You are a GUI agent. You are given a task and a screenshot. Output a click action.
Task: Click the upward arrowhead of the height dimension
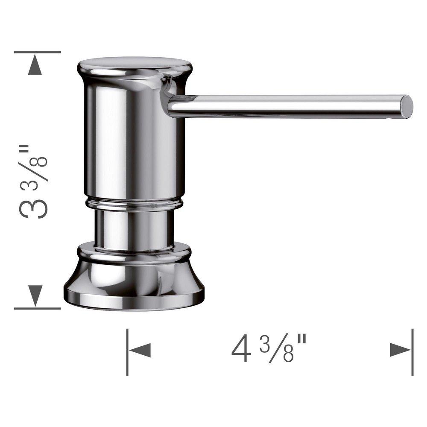[x=35, y=66]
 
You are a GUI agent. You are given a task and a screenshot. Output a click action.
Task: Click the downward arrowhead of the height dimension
[x=35, y=295]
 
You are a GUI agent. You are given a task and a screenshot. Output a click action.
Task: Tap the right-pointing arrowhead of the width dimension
[x=401, y=351]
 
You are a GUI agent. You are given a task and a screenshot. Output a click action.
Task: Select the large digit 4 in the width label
[x=241, y=350]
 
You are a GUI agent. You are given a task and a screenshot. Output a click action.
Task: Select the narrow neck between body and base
[x=134, y=228]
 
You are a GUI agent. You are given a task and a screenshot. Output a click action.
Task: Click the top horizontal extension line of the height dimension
[x=37, y=52]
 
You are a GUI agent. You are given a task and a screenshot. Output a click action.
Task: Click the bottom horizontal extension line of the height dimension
[x=37, y=308]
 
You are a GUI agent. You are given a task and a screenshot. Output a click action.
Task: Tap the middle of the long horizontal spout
[x=286, y=105]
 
